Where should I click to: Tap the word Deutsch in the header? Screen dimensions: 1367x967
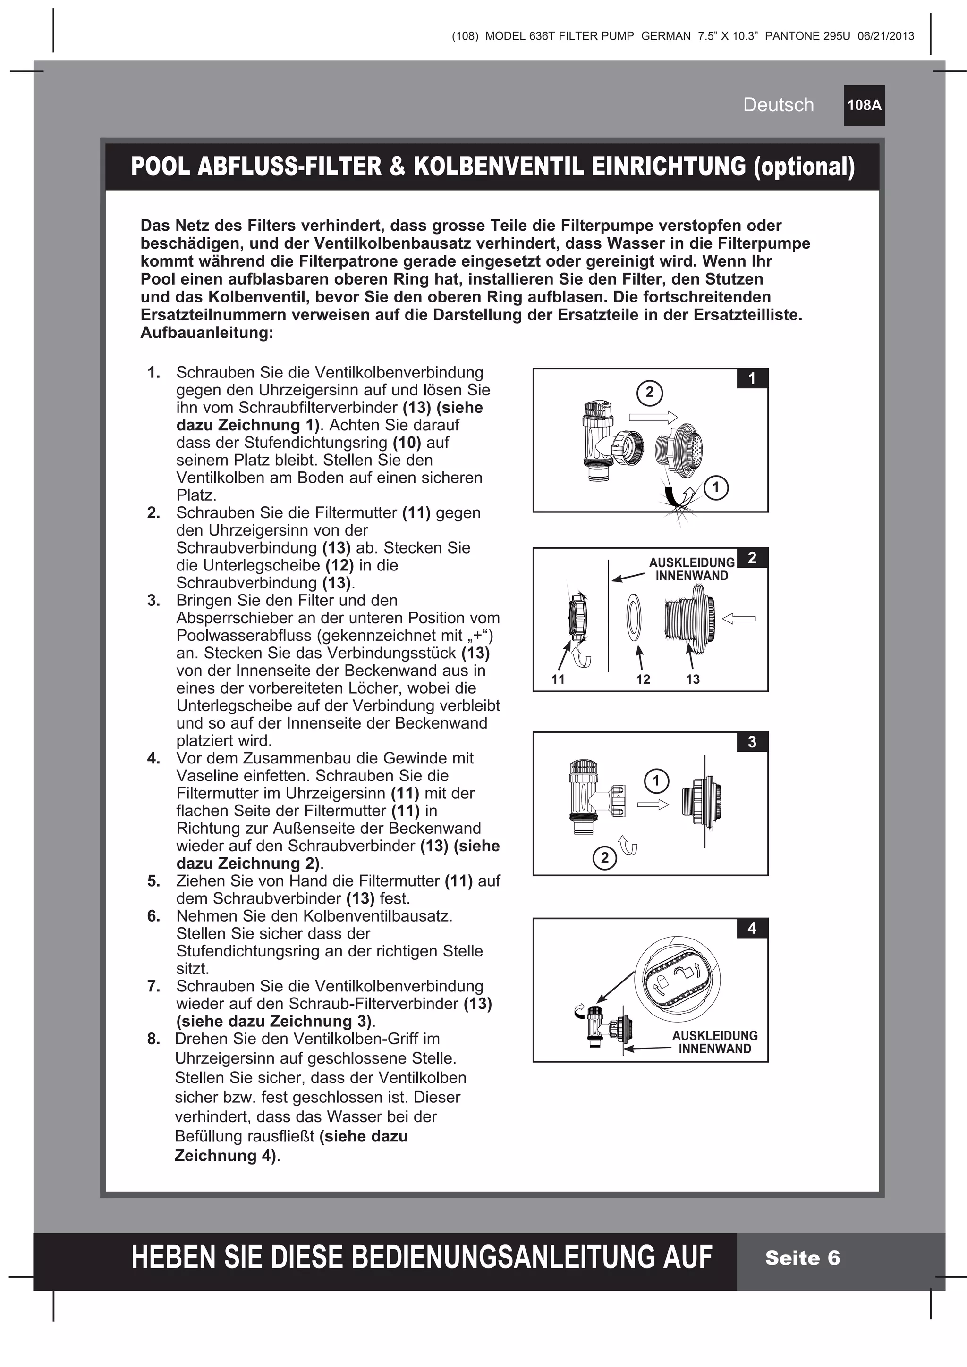778,105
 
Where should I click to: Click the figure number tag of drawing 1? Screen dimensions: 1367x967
752,378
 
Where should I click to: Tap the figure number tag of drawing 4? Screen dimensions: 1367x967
752,928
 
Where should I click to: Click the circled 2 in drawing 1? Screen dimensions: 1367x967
649,392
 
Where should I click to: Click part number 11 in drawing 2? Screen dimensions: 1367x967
558,679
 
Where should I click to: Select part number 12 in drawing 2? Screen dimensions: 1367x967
643,679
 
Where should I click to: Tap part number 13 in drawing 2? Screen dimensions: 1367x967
692,679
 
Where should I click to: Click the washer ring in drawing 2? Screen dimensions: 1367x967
635,616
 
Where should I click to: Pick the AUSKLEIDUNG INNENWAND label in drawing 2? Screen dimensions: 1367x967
692,569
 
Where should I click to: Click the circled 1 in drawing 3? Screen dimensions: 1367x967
657,780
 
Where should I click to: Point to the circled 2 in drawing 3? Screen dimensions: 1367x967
605,858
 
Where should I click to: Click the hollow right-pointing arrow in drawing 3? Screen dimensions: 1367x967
653,805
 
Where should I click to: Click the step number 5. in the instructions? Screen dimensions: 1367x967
154,881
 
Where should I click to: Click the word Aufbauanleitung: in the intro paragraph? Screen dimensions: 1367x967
207,333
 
